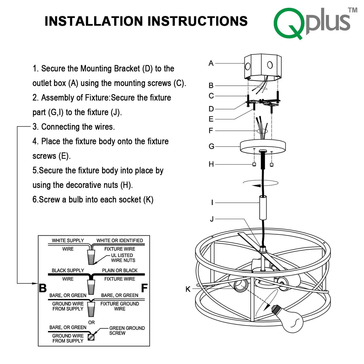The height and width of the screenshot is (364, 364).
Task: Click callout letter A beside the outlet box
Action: (x=211, y=63)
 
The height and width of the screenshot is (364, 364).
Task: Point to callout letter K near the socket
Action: (x=188, y=289)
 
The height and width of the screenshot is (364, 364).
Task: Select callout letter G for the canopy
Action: (x=211, y=146)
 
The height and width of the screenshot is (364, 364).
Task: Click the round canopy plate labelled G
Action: (x=263, y=147)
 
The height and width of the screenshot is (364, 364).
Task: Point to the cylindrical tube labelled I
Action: (x=263, y=208)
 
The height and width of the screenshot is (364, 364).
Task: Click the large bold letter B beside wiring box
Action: (x=43, y=288)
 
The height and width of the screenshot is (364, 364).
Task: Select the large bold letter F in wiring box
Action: (x=144, y=288)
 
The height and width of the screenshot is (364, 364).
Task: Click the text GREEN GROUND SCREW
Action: (x=127, y=330)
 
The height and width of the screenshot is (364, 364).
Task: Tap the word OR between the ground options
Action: (x=91, y=322)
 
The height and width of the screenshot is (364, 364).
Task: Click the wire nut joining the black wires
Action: (x=91, y=286)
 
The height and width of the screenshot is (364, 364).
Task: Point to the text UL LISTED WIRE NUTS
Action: (x=123, y=258)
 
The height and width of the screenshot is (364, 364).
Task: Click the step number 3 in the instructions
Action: (x=35, y=127)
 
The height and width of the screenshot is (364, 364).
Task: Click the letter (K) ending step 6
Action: (x=148, y=200)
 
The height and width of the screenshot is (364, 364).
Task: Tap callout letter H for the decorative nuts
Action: (x=211, y=164)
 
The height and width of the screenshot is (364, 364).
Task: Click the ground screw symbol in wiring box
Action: (x=91, y=337)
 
